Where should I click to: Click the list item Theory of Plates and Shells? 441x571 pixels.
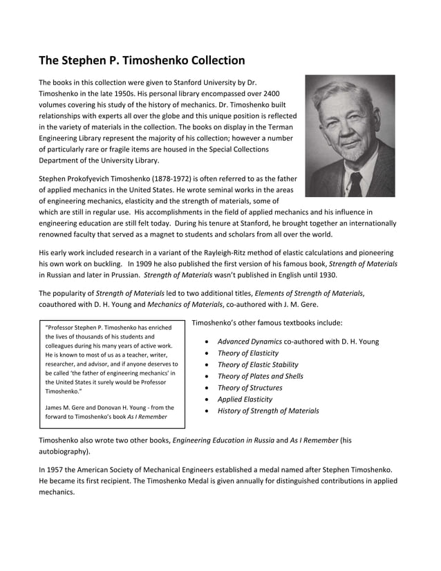(260, 376)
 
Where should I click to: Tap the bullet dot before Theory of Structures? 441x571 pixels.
(209, 388)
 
